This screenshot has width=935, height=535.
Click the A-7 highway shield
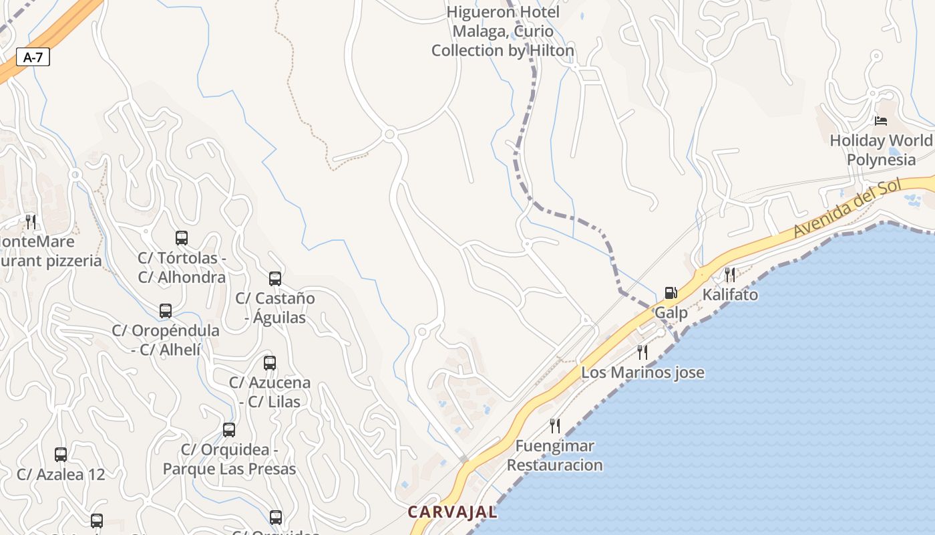33,58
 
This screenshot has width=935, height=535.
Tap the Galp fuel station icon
671,293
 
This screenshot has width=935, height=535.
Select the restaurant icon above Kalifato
729,274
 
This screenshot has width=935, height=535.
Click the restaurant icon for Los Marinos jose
642,352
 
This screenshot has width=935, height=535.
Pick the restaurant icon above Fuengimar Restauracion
554,425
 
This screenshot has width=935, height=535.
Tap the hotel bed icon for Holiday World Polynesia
881,121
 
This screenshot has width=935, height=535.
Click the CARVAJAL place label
453,512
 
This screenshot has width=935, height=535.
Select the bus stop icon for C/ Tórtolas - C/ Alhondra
181,237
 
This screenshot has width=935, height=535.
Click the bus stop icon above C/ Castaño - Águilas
274,278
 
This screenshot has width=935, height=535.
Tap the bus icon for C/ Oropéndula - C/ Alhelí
165,310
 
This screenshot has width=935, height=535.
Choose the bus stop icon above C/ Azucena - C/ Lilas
269,362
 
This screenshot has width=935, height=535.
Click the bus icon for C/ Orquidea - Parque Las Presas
229,429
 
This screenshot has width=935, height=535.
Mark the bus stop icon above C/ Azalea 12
61,455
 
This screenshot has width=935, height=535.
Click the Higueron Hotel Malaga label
503,31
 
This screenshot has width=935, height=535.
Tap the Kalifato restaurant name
730,295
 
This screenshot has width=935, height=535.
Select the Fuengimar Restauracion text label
554,455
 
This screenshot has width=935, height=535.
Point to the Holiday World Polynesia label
882,150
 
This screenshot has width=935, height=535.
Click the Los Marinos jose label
642,372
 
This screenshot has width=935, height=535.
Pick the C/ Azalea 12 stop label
61,475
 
